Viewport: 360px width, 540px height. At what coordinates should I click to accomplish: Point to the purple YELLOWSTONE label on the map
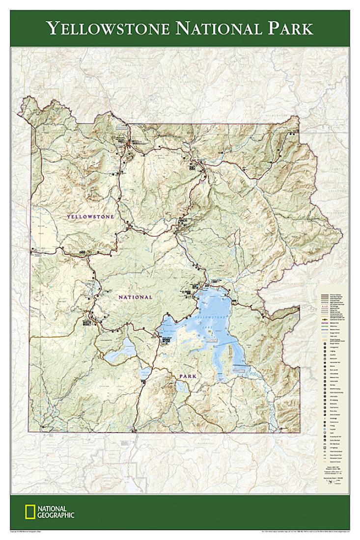point(90,216)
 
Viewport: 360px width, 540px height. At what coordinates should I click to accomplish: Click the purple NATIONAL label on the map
point(135,297)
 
